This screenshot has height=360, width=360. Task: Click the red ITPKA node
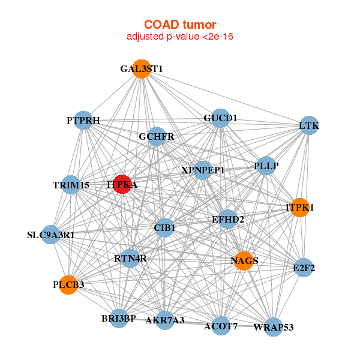pos(122,185)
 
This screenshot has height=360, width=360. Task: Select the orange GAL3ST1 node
pos(141,68)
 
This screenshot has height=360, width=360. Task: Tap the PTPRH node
pos(83,121)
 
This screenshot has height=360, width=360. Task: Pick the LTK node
pos(309,125)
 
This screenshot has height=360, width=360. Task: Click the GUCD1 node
pos(220,118)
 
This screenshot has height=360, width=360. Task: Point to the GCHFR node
pos(157,137)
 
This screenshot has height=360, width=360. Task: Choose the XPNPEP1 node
pos(203,170)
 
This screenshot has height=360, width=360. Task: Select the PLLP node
pos(266,165)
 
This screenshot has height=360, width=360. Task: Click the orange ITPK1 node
pos(299,208)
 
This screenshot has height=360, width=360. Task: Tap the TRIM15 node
pos(71,185)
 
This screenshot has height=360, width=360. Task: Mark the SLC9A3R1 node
pos(51,235)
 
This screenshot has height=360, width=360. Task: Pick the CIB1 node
pos(164,227)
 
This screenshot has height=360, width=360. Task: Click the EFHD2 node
pos(228,220)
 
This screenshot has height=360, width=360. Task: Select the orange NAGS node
pos(244,261)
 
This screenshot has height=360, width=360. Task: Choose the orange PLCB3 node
pos(68,284)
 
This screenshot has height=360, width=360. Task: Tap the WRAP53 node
pos(273,327)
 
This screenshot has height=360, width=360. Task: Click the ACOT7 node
pos(221,326)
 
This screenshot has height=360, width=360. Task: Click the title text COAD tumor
pos(179,24)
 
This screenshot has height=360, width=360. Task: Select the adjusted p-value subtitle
pos(179,37)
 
